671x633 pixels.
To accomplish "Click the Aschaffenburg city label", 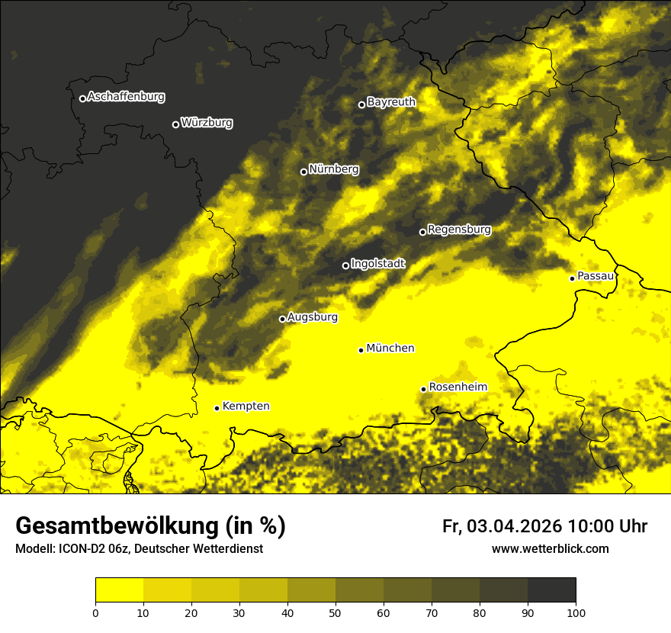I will [126, 97].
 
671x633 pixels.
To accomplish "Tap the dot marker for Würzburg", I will [175, 124].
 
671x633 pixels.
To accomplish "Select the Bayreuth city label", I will [391, 102].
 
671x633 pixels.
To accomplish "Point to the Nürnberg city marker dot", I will [303, 172].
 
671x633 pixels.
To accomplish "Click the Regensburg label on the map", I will [459, 229].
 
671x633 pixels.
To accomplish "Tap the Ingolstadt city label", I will [378, 263].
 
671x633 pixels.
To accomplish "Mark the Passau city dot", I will [572, 278].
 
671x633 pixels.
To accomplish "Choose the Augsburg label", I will [313, 317].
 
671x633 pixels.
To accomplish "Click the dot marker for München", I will [361, 350].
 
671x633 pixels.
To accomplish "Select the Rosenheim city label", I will [457, 387].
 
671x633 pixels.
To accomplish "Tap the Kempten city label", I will [246, 406].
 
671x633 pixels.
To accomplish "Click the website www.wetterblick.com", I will [550, 548].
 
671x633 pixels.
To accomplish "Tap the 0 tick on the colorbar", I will [95, 612].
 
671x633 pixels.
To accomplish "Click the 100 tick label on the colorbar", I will [575, 612].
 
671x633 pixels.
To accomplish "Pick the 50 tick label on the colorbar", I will [335, 612].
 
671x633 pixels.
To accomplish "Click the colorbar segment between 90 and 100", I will [551, 590].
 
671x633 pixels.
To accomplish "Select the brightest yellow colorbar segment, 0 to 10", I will [119, 590].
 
